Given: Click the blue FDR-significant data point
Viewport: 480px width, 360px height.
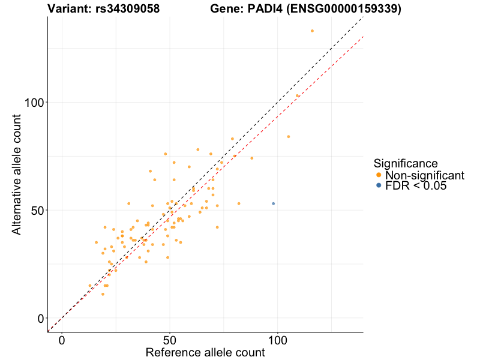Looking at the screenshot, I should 274,203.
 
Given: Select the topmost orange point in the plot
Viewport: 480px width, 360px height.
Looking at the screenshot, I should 312,31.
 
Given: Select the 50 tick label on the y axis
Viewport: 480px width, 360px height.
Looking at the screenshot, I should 37,210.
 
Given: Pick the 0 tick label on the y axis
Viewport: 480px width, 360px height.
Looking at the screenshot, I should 41,318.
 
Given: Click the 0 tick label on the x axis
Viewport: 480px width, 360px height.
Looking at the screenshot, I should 62,340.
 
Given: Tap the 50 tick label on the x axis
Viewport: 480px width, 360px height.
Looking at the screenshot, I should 170,340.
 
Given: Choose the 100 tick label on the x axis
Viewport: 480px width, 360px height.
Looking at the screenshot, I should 278,340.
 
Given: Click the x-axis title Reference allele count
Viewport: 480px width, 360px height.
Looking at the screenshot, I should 205,352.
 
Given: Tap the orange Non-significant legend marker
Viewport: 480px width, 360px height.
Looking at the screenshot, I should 378,175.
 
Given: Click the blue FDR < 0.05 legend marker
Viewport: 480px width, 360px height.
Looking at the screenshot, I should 378,186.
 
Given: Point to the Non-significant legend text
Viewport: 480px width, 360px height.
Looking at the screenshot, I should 425,175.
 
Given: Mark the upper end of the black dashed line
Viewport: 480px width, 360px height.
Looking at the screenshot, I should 362,18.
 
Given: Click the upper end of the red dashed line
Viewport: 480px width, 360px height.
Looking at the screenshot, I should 362,37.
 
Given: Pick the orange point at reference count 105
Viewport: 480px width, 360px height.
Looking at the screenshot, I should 289,136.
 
